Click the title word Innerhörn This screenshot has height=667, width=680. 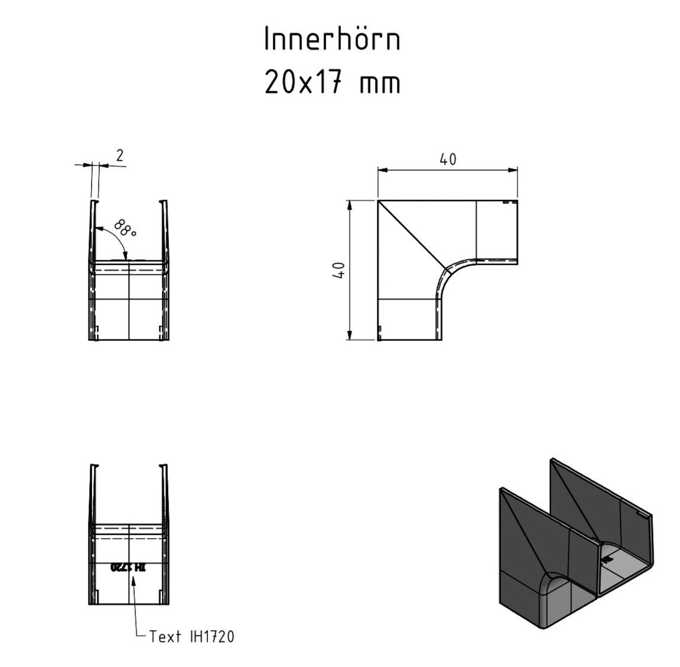point(332,39)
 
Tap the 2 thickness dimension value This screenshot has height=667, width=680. point(119,155)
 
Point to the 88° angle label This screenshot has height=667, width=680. point(125,228)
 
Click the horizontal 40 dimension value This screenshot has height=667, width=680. point(447,159)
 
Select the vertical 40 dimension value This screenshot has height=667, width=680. point(340,270)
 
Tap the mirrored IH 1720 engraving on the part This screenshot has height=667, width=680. point(129,567)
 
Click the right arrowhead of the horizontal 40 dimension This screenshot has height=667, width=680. point(512,170)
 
